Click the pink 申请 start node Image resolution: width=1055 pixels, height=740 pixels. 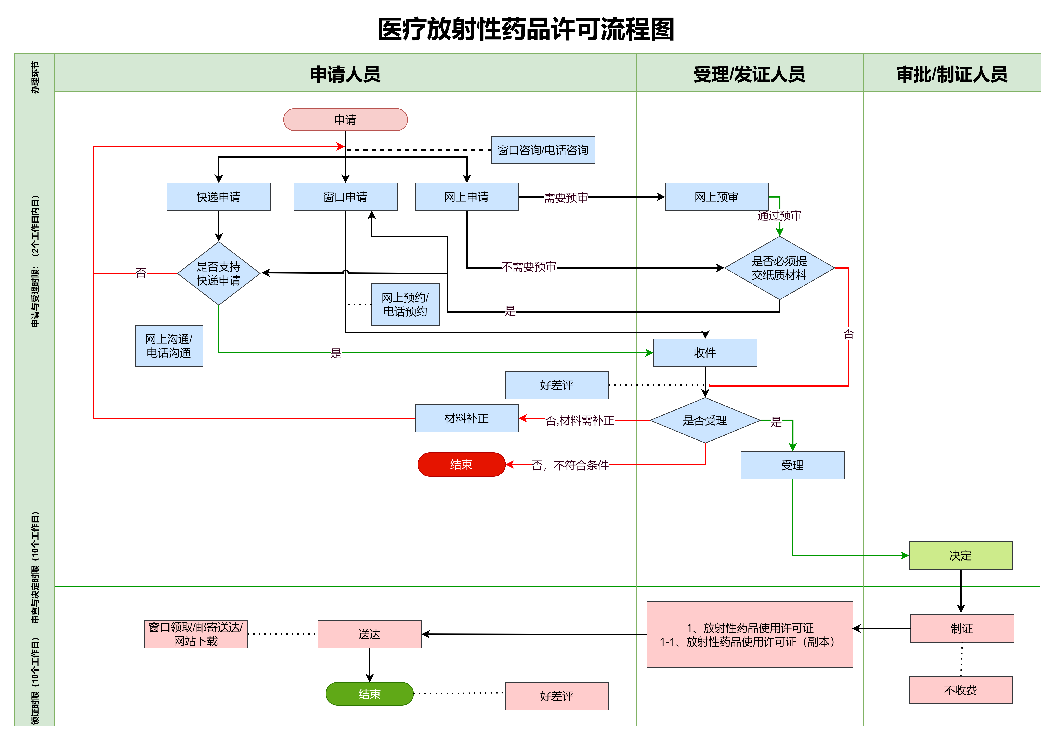345,120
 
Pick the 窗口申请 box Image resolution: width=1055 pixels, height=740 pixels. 345,197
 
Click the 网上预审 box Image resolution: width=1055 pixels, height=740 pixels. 716,197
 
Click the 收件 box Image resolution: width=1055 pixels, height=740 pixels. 705,353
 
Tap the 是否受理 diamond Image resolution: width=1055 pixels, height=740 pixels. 705,420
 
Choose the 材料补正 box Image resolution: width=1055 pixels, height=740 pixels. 466,418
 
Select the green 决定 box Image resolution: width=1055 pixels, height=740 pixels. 960,556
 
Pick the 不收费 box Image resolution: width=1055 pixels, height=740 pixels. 960,690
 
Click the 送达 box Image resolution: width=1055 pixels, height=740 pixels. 369,634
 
